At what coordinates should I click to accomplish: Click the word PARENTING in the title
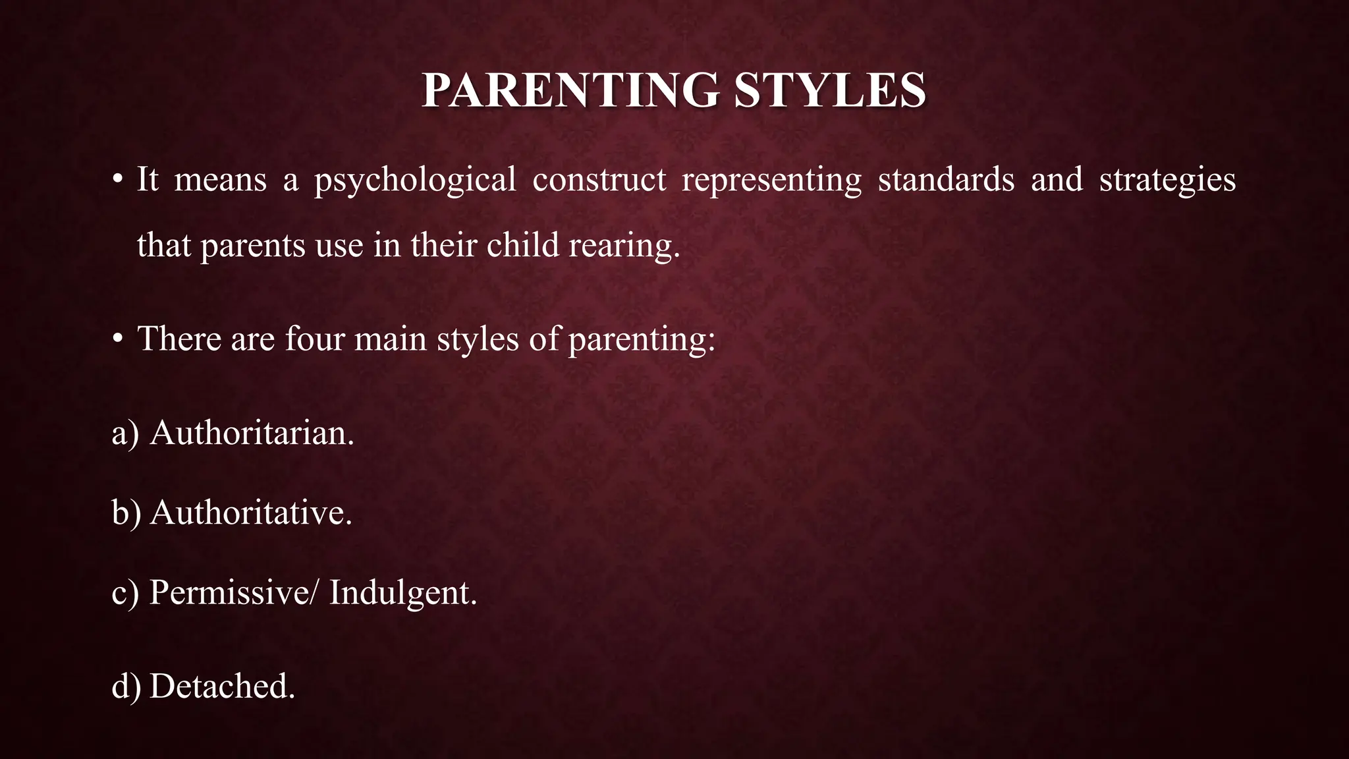point(570,90)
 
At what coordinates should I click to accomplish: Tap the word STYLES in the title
point(830,90)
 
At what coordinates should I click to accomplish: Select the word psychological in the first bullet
point(415,181)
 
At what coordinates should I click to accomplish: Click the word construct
point(599,180)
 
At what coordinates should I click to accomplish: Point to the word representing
point(771,181)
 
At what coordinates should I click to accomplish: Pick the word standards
point(946,180)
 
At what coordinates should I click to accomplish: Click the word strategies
point(1167,181)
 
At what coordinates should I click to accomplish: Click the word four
point(315,339)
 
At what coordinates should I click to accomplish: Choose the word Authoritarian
point(252,434)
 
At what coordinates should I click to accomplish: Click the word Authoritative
point(251,513)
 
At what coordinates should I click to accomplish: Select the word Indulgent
point(403,593)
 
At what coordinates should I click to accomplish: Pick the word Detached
point(222,687)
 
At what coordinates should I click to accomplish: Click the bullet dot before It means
point(117,180)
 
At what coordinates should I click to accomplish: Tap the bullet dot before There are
point(117,339)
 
